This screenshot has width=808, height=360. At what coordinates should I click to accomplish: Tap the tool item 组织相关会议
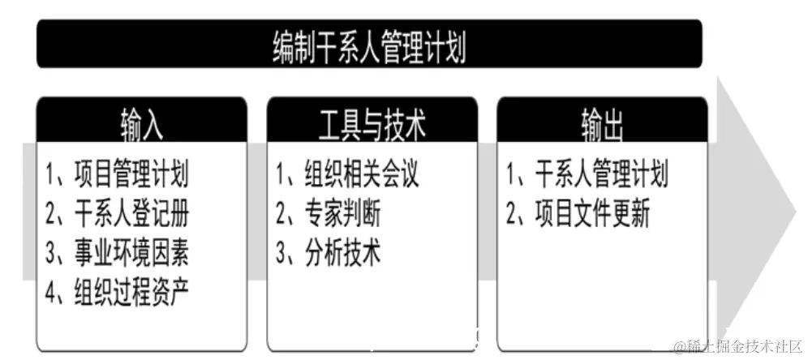(361, 174)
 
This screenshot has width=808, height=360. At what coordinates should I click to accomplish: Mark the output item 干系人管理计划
(601, 174)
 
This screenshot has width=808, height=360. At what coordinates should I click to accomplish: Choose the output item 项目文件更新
(591, 214)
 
